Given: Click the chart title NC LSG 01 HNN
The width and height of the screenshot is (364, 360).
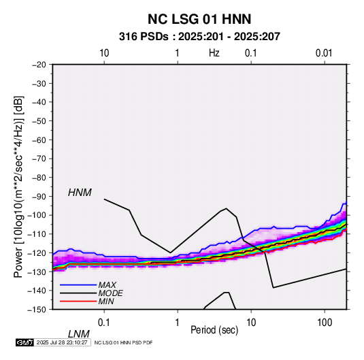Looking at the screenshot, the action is click(x=199, y=19).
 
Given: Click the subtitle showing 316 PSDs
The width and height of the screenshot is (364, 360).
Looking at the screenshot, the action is click(x=199, y=37).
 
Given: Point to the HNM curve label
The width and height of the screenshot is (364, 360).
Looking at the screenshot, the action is click(x=80, y=193).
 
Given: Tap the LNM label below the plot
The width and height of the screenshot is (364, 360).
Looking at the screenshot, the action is click(x=79, y=334).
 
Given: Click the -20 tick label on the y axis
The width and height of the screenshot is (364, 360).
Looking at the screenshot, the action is click(x=39, y=65).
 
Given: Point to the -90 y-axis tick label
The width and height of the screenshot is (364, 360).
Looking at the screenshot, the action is click(x=39, y=197).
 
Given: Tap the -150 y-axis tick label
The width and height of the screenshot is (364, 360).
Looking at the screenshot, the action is click(x=37, y=310).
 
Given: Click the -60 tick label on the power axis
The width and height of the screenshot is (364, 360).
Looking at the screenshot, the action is click(x=39, y=140).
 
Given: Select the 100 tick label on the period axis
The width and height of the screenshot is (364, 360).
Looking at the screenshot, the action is click(x=325, y=323).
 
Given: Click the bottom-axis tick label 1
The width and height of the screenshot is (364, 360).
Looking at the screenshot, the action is click(x=177, y=323).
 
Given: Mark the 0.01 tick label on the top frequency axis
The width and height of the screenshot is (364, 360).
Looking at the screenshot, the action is click(x=324, y=53).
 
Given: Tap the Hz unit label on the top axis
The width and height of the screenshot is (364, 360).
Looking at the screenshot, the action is click(x=214, y=53).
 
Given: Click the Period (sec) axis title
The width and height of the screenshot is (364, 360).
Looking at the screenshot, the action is click(x=214, y=330).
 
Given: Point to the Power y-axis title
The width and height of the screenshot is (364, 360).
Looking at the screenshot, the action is click(x=18, y=187).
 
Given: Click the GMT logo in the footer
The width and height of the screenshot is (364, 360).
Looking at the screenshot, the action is click(x=24, y=342).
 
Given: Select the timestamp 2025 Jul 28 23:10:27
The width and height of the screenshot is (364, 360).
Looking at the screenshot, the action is click(x=62, y=342).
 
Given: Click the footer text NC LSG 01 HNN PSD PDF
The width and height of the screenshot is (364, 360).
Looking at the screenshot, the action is click(x=123, y=342).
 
